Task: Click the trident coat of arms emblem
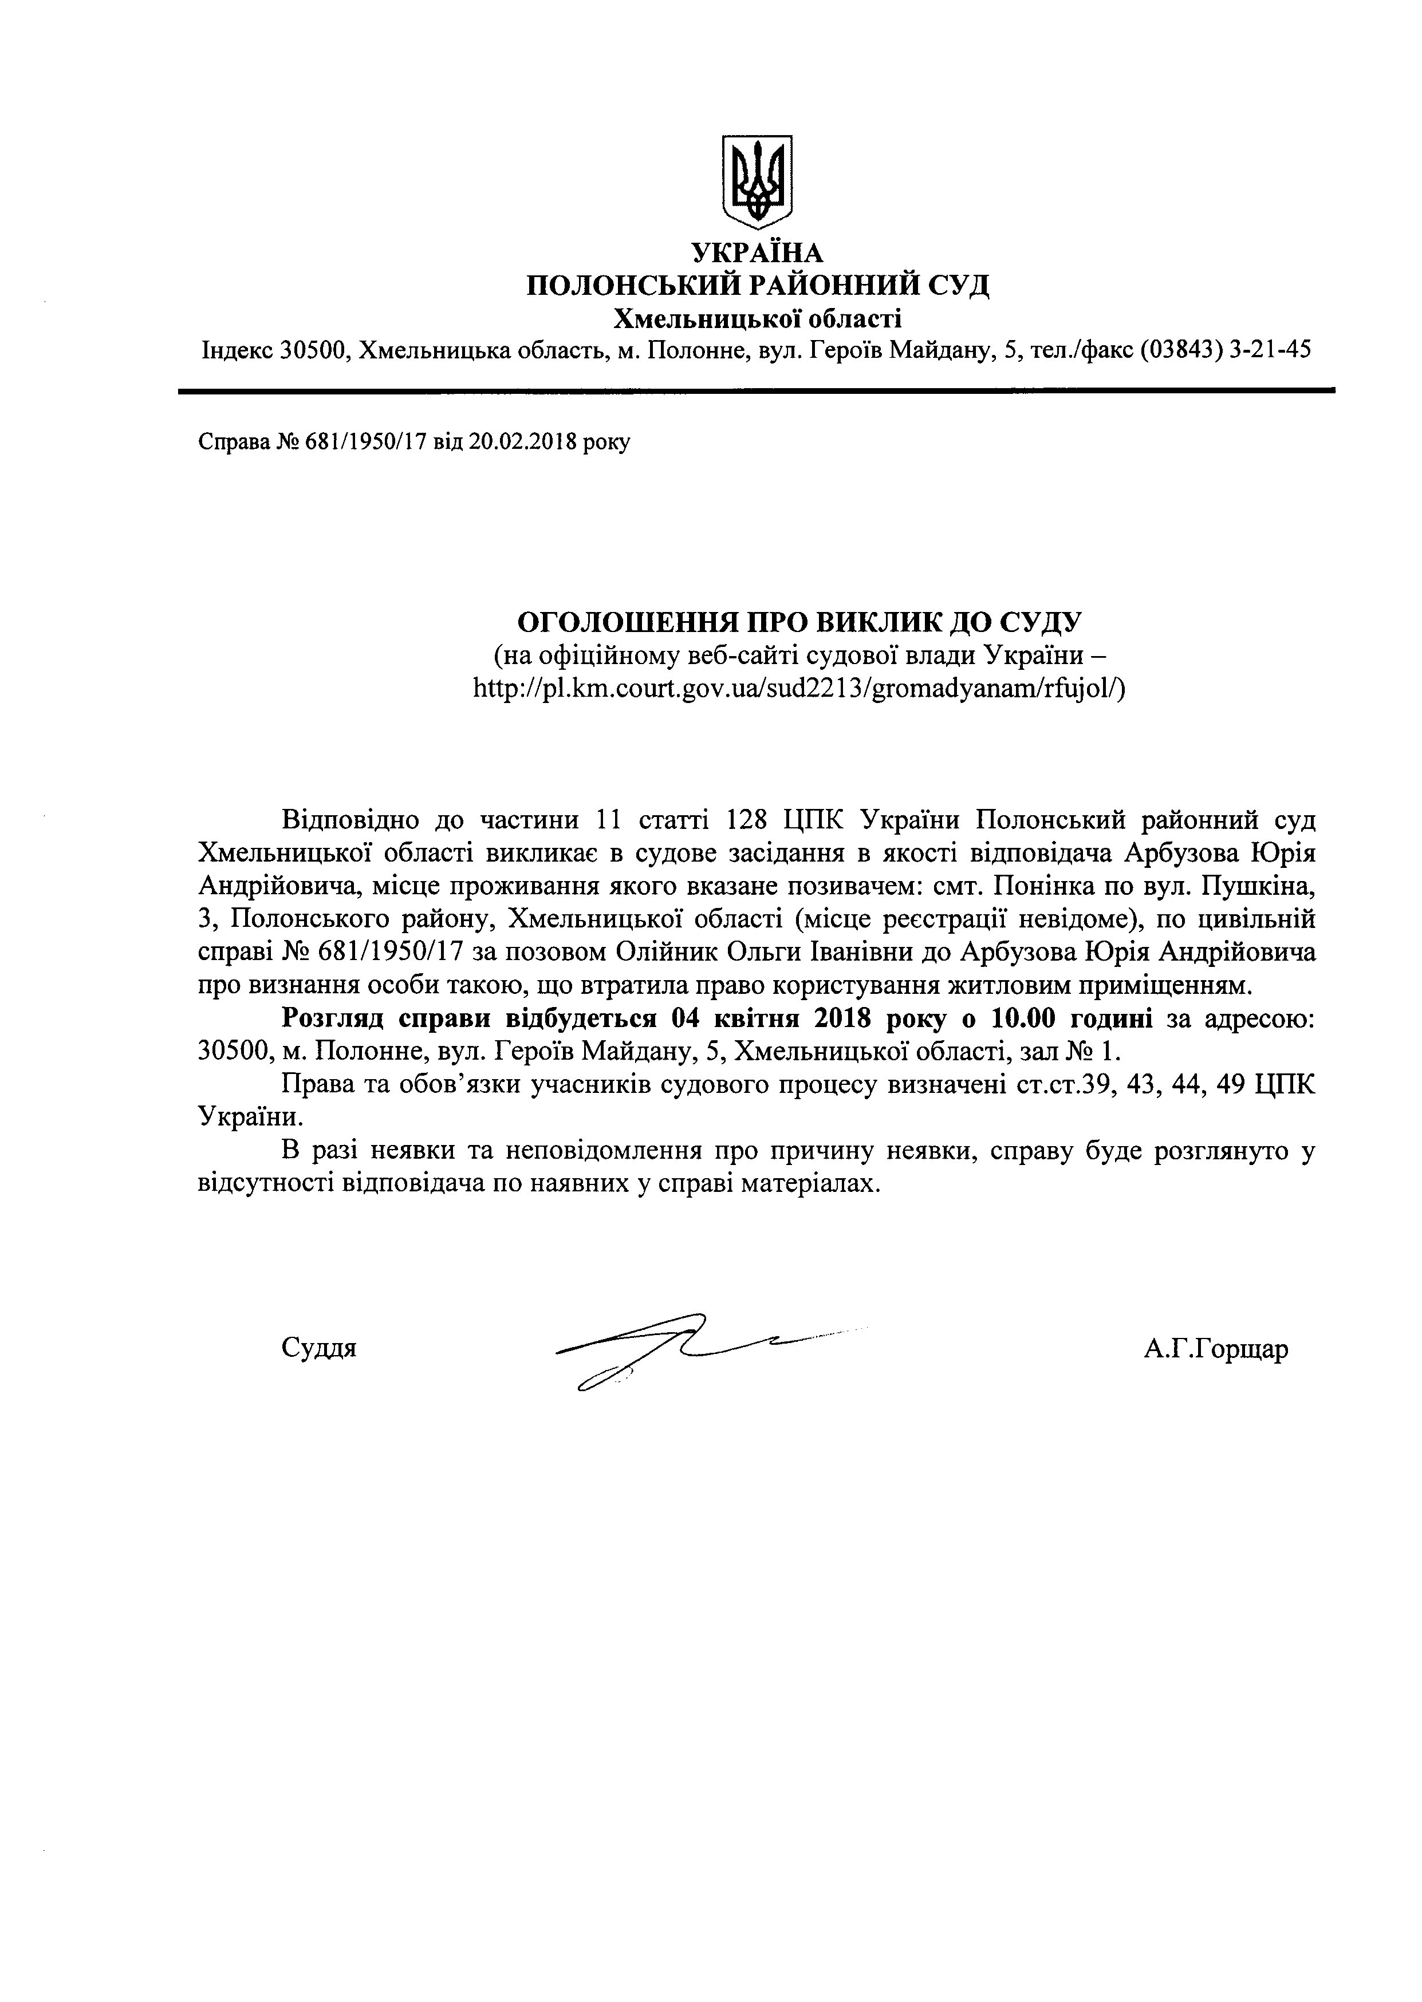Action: click(757, 177)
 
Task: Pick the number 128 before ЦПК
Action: click(747, 820)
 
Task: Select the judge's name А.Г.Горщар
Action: click(1215, 1349)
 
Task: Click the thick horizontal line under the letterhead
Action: click(757, 390)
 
